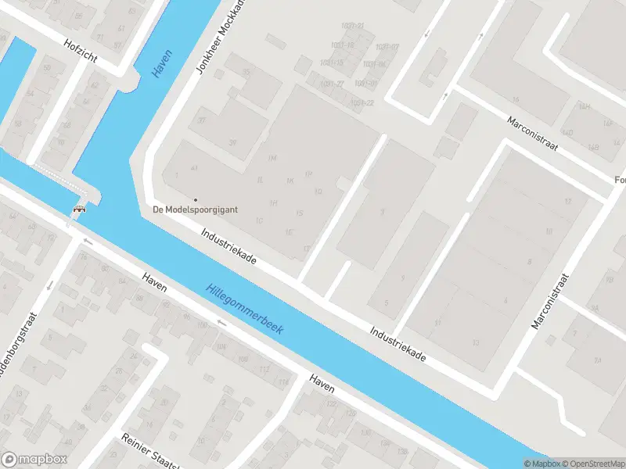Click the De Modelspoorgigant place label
(x=195, y=209)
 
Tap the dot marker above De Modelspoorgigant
(x=195, y=199)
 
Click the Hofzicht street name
(x=81, y=46)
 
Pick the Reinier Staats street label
(x=149, y=451)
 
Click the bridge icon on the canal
(x=79, y=209)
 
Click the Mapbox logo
(x=34, y=460)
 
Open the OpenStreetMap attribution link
(x=587, y=464)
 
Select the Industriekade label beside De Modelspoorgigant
(x=229, y=245)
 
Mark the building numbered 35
(x=246, y=72)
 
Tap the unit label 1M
(x=272, y=158)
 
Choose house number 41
(x=194, y=169)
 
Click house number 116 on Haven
(x=283, y=381)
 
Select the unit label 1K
(x=290, y=181)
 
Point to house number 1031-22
(x=362, y=103)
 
